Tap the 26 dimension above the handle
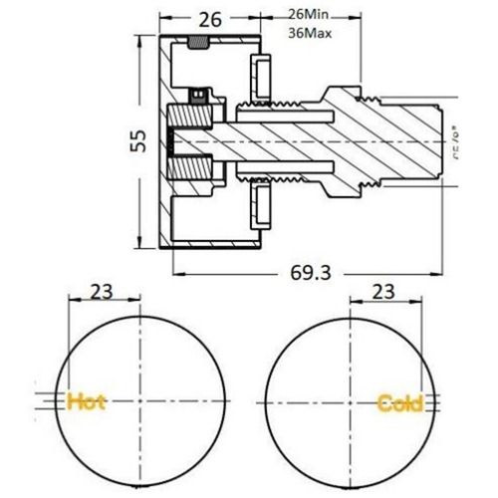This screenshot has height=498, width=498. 210,19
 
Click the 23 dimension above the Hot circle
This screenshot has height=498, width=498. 102,292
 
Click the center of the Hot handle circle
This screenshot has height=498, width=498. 141,402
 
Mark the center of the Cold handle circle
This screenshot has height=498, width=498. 349,402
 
